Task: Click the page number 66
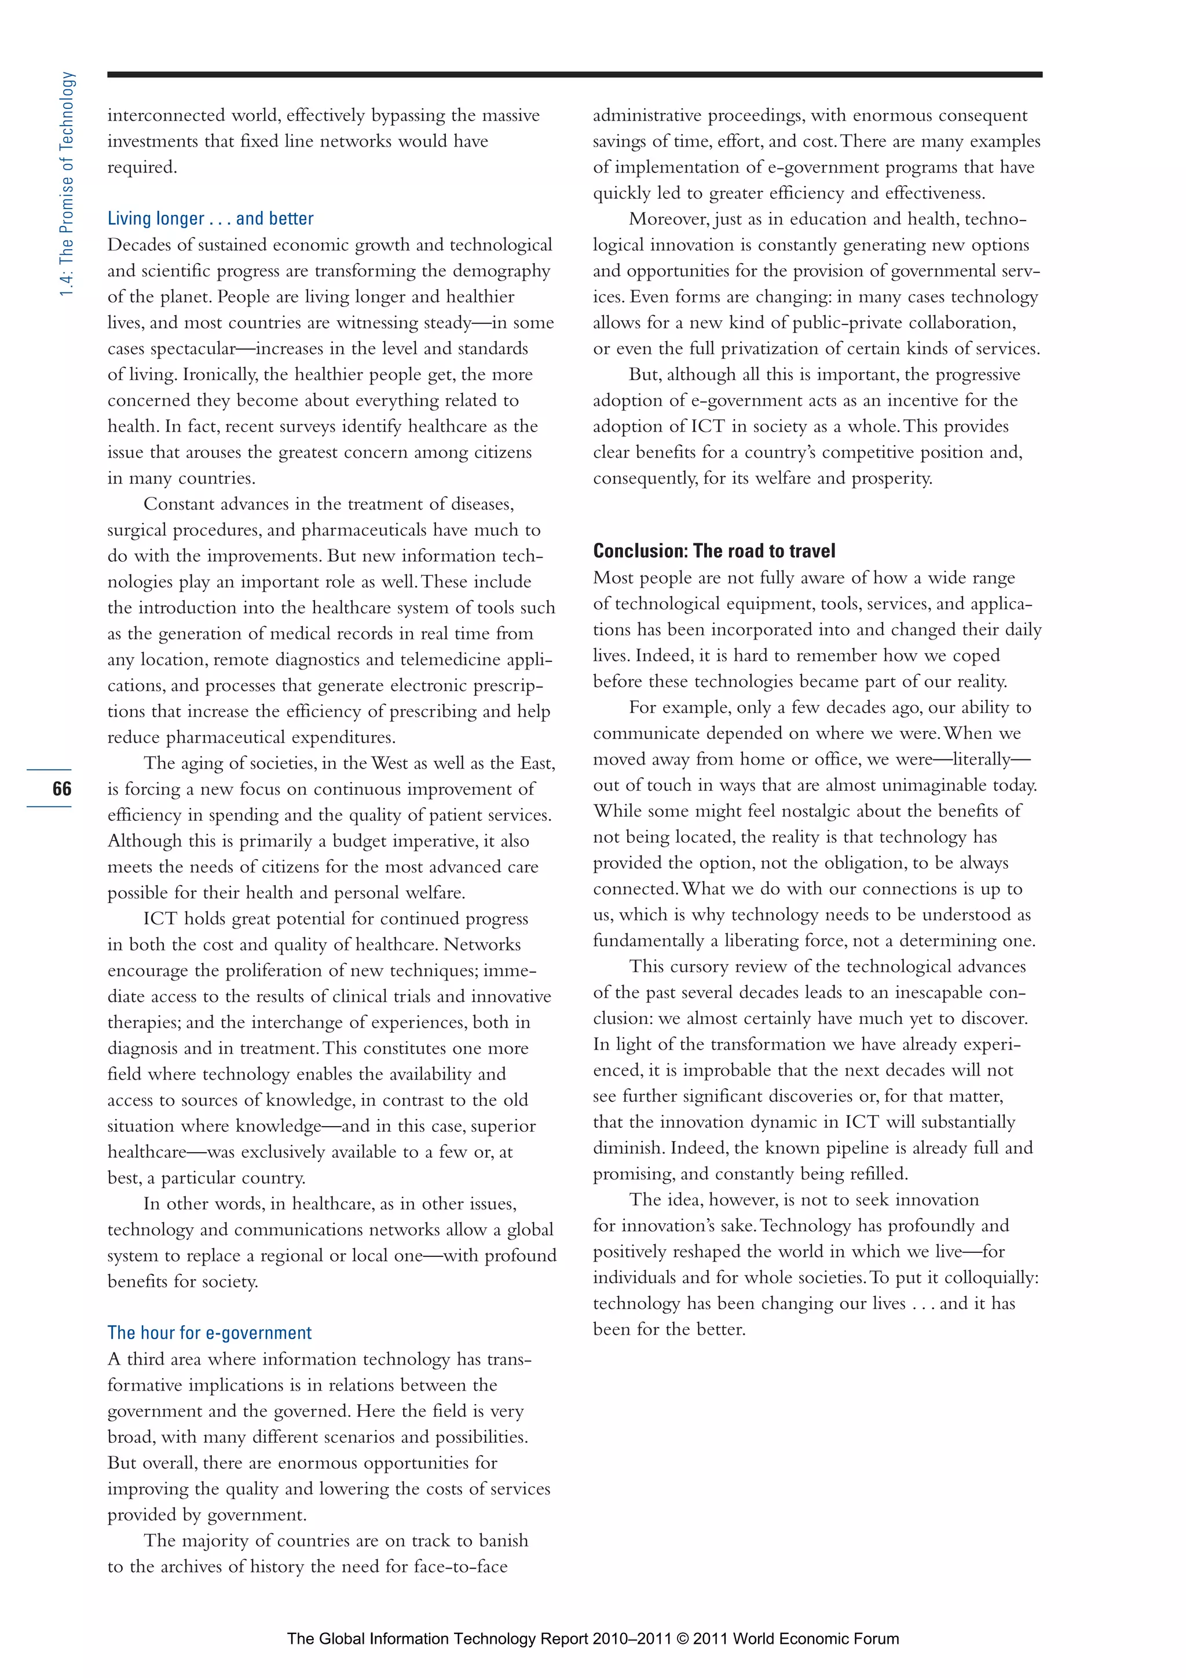click(61, 788)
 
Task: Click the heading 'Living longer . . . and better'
click(210, 218)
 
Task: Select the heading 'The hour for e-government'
click(210, 1332)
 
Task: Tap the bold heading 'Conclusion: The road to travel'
click(714, 550)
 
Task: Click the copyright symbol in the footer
click(683, 1639)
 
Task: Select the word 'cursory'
click(700, 967)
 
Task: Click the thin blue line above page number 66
click(49, 770)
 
